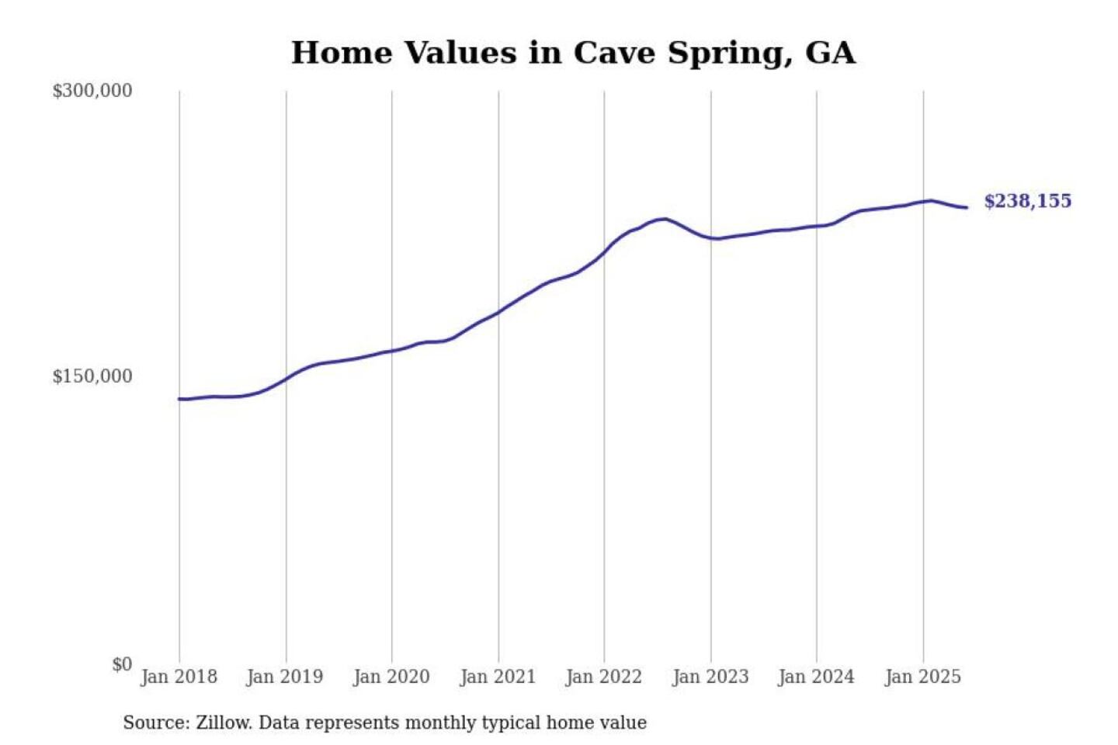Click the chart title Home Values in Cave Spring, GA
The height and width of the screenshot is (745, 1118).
[x=573, y=53]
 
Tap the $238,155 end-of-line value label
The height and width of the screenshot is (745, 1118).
[x=1027, y=201]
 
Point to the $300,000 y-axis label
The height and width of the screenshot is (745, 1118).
[x=92, y=91]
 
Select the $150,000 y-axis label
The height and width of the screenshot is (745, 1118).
[x=92, y=376]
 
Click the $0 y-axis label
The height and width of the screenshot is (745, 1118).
[x=122, y=664]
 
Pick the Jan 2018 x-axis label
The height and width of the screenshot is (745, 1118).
[x=179, y=677]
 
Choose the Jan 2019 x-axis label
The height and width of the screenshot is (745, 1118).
[x=284, y=677]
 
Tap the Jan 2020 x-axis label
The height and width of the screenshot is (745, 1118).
[x=391, y=677]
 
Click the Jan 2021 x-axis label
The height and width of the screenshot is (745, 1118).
[x=498, y=677]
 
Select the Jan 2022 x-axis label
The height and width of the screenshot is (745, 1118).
[x=604, y=677]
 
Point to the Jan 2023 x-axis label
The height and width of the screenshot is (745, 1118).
[x=710, y=677]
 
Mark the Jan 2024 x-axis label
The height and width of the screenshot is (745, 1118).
[x=816, y=677]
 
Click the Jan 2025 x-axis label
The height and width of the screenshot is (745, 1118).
[x=923, y=677]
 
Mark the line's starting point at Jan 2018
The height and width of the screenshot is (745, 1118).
[x=179, y=399]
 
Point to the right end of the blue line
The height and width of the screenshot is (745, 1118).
[x=967, y=207]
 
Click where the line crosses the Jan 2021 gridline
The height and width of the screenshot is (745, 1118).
[x=498, y=312]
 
